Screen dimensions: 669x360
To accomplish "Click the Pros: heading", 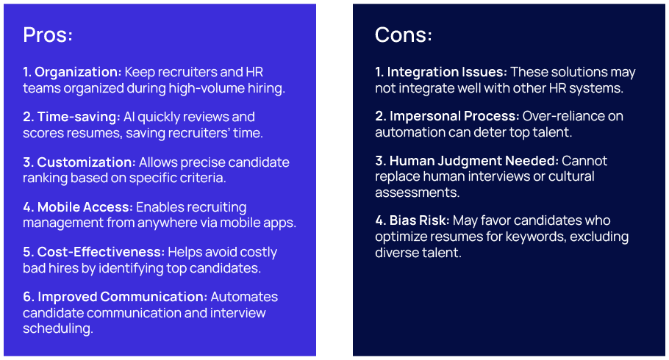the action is pyautogui.click(x=48, y=35).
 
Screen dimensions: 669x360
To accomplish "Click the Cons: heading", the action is pyautogui.click(x=404, y=35).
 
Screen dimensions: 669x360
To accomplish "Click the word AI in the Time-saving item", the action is pyautogui.click(x=129, y=117).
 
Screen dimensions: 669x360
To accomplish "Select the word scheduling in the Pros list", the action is pyautogui.click(x=57, y=329).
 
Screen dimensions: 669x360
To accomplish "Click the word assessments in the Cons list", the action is pyautogui.click(x=418, y=192).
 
